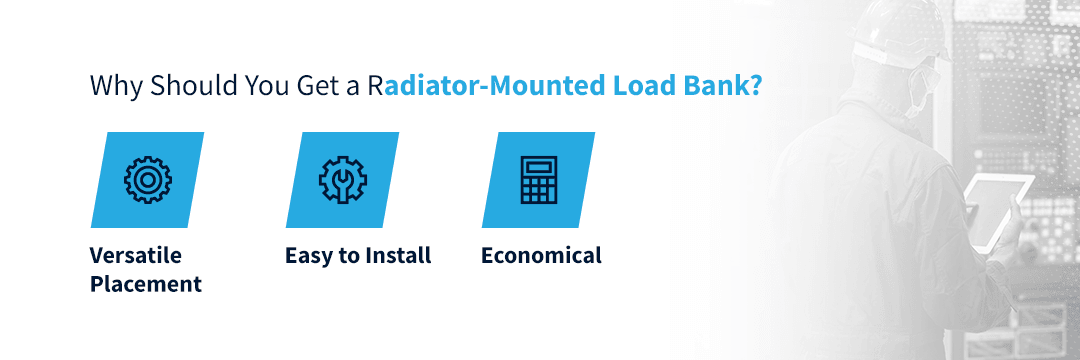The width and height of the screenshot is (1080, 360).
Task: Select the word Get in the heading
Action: pos(317,86)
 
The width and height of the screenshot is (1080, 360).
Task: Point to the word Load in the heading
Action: pos(636,86)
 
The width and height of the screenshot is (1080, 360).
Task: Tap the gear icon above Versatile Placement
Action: pos(148,180)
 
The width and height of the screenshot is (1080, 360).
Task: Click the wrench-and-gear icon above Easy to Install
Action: pos(342,180)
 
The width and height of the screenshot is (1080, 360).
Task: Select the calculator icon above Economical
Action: pos(538,180)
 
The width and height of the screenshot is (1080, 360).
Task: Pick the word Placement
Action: pos(146,284)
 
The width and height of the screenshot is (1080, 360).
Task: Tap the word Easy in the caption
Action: pos(309,255)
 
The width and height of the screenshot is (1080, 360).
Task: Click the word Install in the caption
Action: pos(397,255)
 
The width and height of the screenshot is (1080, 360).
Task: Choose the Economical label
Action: pos(541,255)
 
